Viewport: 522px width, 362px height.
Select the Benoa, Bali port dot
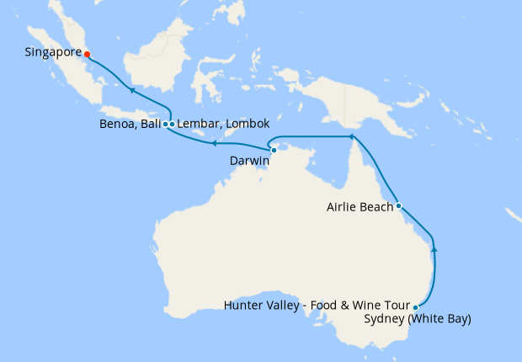pos(165,124)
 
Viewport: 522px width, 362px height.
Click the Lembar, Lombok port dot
pos(172,124)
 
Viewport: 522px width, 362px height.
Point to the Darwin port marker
pos(274,150)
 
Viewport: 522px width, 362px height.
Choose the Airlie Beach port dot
pos(398,205)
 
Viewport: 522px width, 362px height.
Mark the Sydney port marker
pos(416,307)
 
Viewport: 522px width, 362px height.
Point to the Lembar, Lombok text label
pos(223,124)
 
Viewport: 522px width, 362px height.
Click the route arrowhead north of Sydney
pos(434,248)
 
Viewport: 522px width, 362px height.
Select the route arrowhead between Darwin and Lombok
pos(213,144)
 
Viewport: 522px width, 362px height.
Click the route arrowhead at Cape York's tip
pos(351,136)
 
